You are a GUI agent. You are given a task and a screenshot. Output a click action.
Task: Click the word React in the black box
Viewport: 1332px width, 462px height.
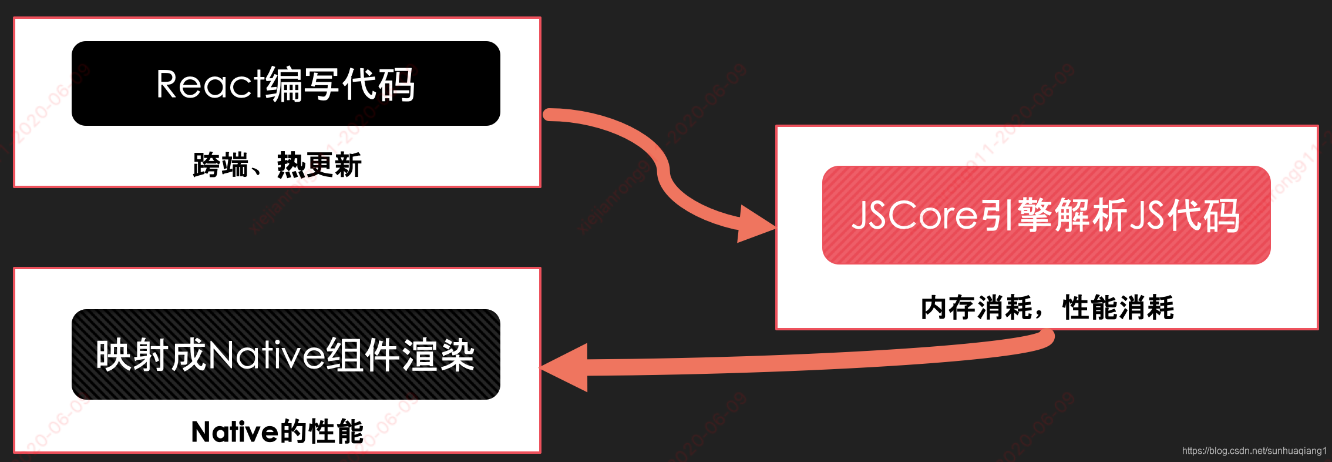(209, 85)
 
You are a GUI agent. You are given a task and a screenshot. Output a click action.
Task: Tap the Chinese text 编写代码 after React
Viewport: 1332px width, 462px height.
(341, 85)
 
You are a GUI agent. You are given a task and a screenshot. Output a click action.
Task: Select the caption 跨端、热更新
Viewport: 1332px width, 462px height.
(277, 165)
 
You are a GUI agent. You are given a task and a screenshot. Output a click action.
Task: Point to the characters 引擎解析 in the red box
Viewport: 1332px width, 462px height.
(1054, 215)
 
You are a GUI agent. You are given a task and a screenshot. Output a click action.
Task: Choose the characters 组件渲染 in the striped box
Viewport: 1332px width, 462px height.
(400, 355)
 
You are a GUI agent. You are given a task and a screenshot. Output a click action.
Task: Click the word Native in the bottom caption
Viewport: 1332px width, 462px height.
(234, 432)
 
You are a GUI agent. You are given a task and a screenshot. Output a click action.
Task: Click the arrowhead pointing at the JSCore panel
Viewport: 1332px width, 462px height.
(755, 225)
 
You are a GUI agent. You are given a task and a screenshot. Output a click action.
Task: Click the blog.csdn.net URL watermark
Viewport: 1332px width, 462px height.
(1254, 451)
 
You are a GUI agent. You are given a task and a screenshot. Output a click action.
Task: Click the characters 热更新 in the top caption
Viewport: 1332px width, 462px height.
(319, 165)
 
